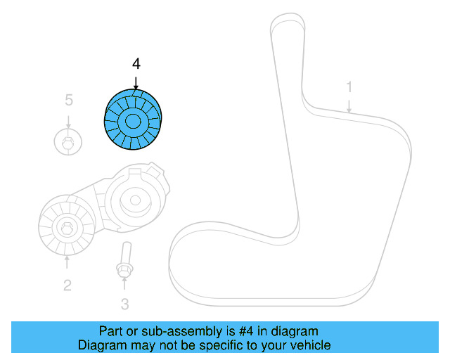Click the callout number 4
[x=136, y=64]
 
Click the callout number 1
[x=348, y=87]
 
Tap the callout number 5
[x=68, y=101]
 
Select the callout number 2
[x=67, y=285]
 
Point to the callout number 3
[x=124, y=304]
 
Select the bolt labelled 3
[x=124, y=259]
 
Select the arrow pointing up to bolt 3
[x=124, y=285]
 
